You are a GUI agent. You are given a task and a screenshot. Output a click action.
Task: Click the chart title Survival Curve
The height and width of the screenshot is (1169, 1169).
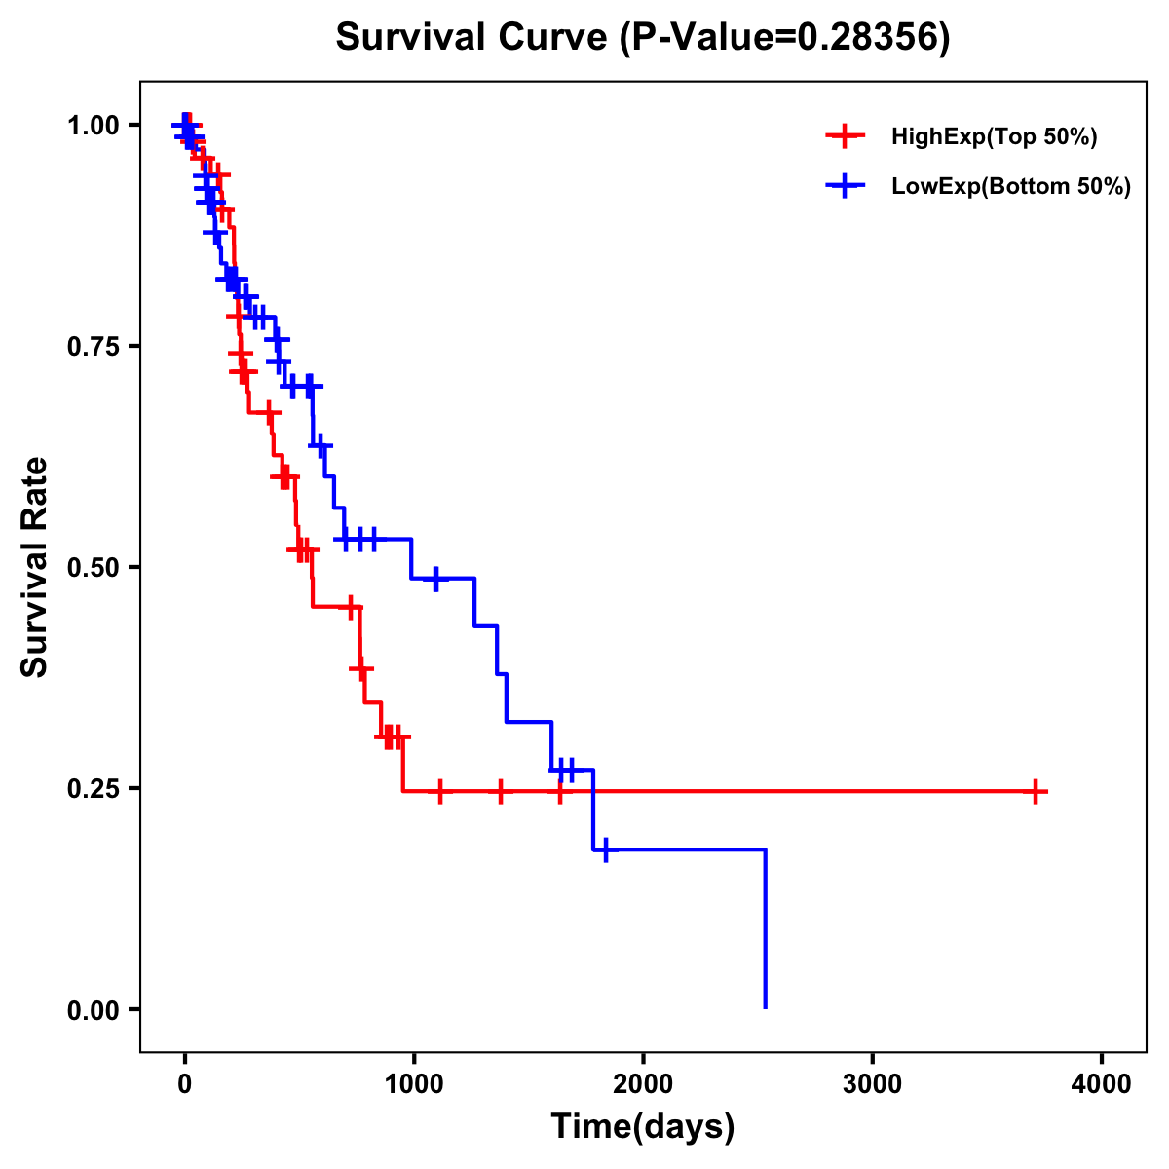click(474, 38)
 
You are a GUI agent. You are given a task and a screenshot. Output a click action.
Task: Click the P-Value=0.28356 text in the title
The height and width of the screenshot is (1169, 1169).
click(784, 38)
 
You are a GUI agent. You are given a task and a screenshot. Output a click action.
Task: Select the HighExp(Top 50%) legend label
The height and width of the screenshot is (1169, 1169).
click(994, 137)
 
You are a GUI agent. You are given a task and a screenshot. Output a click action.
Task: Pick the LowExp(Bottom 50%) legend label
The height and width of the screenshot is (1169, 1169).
click(1011, 187)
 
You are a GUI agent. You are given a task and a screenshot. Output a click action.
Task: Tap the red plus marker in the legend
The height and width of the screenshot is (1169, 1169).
click(845, 136)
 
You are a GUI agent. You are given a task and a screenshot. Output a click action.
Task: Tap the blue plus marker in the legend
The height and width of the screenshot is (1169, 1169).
click(845, 186)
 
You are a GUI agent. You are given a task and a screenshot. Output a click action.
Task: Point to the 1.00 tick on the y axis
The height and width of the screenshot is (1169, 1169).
click(93, 126)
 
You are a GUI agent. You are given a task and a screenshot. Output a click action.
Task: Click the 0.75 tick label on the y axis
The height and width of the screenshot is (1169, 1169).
click(93, 347)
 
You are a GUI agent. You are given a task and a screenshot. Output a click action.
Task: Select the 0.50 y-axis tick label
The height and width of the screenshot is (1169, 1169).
click(93, 568)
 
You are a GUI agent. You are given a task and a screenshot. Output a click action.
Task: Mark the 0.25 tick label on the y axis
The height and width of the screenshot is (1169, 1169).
click(93, 789)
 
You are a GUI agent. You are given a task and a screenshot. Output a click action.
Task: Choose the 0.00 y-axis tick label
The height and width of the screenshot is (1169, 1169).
click(93, 1010)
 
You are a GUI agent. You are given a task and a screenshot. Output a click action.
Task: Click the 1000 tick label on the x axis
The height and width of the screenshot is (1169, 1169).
click(414, 1084)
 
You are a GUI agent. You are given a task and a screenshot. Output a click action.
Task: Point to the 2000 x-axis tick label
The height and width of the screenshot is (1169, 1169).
click(643, 1084)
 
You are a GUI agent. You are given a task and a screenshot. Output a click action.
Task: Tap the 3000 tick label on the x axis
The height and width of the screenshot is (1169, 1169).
click(873, 1084)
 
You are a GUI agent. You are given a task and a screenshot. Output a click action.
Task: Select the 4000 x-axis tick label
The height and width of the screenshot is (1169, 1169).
click(1102, 1084)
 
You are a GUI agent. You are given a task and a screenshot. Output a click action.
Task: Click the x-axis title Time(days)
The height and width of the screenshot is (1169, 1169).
click(643, 1127)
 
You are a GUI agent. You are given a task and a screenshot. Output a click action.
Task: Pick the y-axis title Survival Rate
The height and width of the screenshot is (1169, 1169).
click(35, 567)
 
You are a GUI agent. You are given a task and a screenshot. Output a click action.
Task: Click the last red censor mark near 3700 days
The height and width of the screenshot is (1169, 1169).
click(1036, 791)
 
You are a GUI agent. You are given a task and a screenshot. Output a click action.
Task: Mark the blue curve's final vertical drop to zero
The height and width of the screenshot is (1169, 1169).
click(766, 930)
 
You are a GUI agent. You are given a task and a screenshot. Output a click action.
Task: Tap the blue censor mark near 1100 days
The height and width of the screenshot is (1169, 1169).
click(435, 579)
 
